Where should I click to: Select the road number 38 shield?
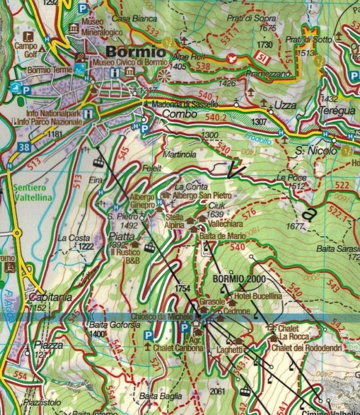click(23, 147)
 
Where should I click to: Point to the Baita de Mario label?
click(219, 236)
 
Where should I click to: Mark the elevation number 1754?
click(182, 289)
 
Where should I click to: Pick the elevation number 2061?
click(218, 392)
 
